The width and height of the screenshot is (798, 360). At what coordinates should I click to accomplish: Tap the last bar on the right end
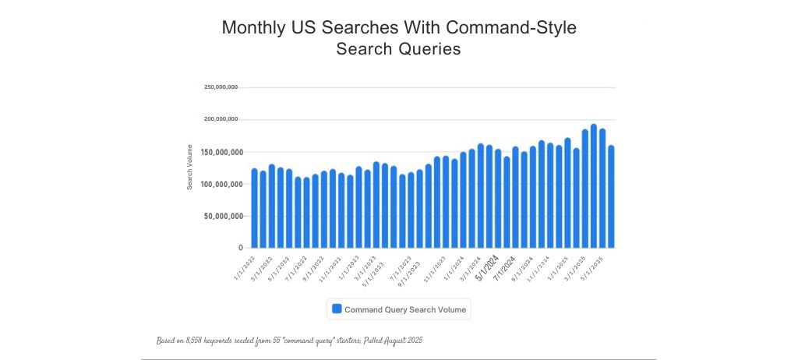(x=612, y=196)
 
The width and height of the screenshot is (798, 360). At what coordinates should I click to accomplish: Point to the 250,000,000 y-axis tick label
(x=221, y=87)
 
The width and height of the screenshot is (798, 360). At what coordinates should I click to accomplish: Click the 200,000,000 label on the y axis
(x=221, y=119)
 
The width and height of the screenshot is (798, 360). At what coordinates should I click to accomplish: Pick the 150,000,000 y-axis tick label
(x=221, y=152)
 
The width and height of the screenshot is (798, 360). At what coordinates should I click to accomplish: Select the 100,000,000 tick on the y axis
(x=221, y=184)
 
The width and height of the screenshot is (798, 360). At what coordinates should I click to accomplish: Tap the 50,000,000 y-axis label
(x=223, y=216)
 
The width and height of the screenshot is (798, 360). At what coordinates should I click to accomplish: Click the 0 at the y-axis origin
(x=241, y=248)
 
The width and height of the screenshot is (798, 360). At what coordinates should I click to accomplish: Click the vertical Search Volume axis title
(x=189, y=166)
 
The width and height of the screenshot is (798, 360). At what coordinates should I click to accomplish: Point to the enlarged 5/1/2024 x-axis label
(x=488, y=266)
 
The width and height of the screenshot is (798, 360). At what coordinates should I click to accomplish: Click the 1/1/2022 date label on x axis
(x=244, y=265)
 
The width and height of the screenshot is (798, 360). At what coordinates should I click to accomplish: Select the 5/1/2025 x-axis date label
(x=596, y=265)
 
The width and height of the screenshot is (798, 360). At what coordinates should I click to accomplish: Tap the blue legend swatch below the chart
(x=337, y=309)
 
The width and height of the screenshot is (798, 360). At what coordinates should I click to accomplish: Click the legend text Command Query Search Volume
(x=405, y=309)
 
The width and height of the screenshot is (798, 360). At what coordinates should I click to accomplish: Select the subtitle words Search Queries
(x=398, y=49)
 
